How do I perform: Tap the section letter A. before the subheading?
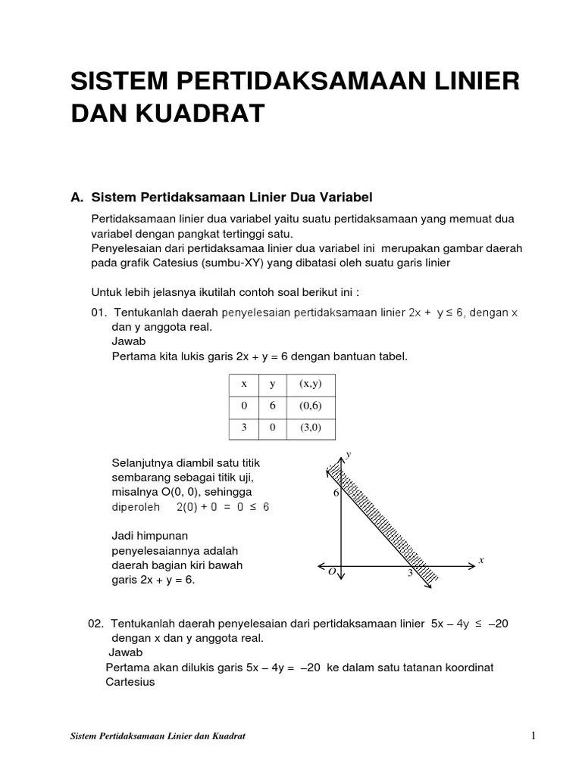click(x=77, y=198)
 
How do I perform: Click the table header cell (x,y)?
click(x=311, y=384)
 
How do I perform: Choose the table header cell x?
click(x=244, y=384)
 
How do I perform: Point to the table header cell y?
click(x=273, y=384)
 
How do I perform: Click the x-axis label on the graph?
click(x=480, y=560)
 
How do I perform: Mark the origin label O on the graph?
click(x=332, y=573)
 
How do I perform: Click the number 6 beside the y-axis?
click(x=336, y=493)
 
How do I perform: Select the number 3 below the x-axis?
click(x=410, y=574)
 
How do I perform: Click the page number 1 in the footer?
click(x=533, y=736)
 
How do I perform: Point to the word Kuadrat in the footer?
click(x=228, y=736)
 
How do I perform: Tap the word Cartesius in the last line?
click(x=130, y=682)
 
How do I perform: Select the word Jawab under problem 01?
click(x=128, y=341)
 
